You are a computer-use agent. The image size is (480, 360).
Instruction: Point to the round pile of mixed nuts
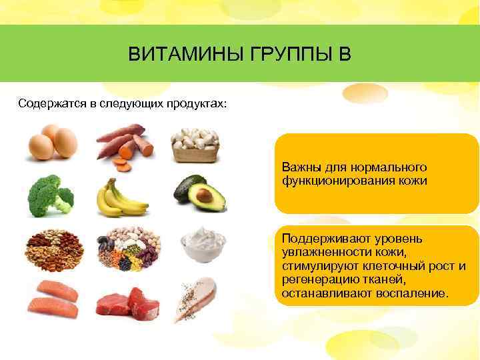coord(53,247)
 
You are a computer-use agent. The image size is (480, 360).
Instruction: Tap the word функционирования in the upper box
coord(335,180)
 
